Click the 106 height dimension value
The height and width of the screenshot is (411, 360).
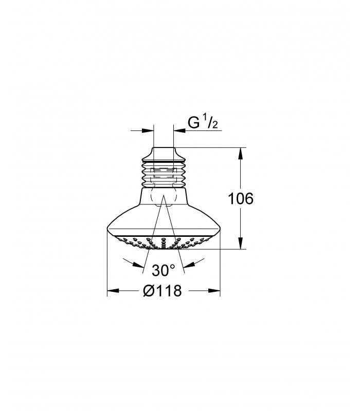[241, 198]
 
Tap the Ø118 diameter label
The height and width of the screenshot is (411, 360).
[163, 291]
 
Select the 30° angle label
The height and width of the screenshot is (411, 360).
[163, 270]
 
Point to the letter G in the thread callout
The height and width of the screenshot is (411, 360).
[194, 122]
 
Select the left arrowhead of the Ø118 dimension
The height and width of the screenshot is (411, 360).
[113, 291]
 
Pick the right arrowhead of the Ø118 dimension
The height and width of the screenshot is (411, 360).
[214, 291]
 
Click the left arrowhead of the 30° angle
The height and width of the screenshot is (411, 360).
[138, 265]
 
